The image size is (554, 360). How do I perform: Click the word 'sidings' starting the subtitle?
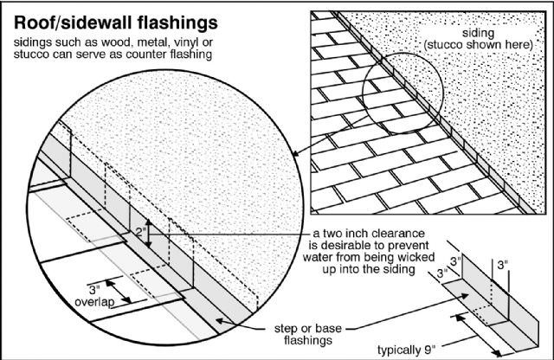[x=31, y=42]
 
